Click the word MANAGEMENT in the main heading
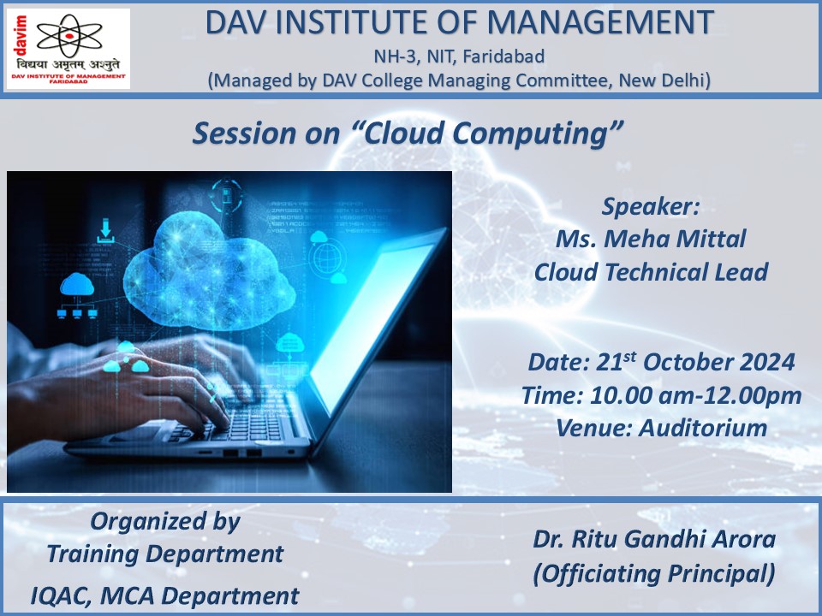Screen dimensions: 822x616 [600, 22]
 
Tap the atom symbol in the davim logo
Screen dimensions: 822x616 [69, 35]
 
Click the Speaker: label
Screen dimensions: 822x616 [651, 206]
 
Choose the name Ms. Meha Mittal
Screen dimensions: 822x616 [651, 239]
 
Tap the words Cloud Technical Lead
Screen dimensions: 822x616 [651, 272]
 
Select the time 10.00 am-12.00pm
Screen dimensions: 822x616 [695, 395]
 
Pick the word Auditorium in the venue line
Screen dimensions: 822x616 [703, 428]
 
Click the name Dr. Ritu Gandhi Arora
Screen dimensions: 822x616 [654, 539]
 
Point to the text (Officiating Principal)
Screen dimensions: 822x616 [654, 573]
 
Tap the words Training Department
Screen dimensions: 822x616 [165, 554]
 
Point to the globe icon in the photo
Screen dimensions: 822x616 [327, 258]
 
